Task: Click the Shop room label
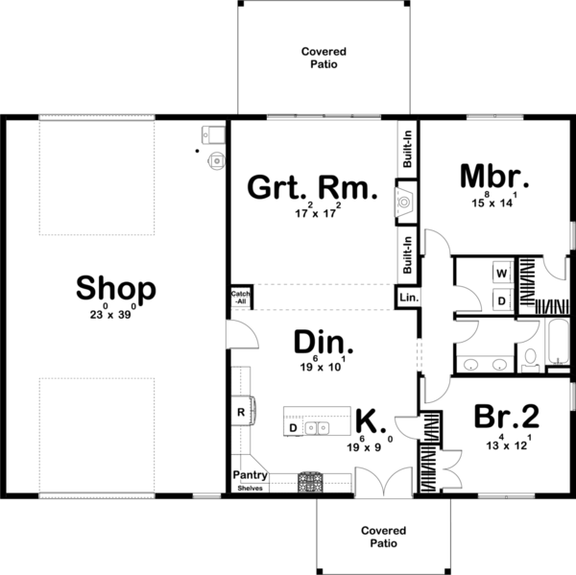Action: pos(115,287)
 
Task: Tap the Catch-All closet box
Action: pos(239,298)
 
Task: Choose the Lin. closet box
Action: pos(409,299)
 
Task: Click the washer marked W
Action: pos(501,273)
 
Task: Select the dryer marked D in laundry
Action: pos(501,300)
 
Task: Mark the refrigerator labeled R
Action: pos(240,413)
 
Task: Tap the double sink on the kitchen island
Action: pos(318,427)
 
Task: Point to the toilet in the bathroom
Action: pos(529,358)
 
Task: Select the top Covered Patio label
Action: pos(323,58)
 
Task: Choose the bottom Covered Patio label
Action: pos(383,536)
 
